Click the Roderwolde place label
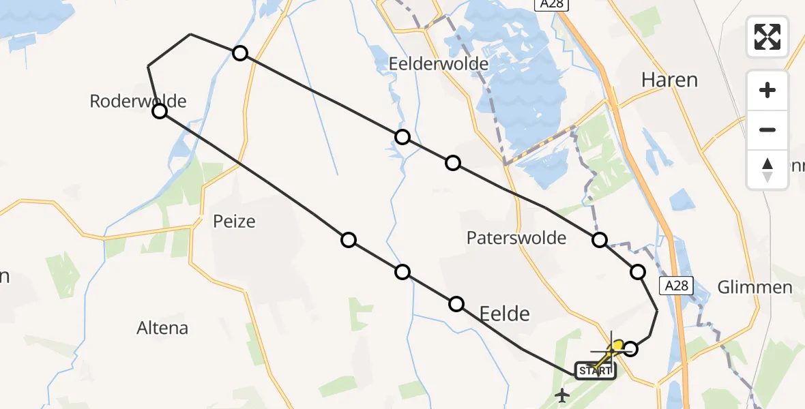(x=138, y=102)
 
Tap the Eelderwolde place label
(x=439, y=64)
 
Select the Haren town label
(x=669, y=80)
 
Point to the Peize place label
(x=234, y=222)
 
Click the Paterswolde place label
(x=516, y=238)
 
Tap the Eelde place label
(x=505, y=314)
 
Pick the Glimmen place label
(x=755, y=287)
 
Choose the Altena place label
(x=162, y=328)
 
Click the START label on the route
(x=596, y=371)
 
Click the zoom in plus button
(x=767, y=90)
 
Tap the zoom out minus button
(x=767, y=130)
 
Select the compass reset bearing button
(x=767, y=169)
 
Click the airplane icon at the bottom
(x=563, y=395)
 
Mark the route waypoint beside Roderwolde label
(x=159, y=111)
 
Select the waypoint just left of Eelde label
(x=456, y=303)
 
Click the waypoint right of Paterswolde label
(x=600, y=239)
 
